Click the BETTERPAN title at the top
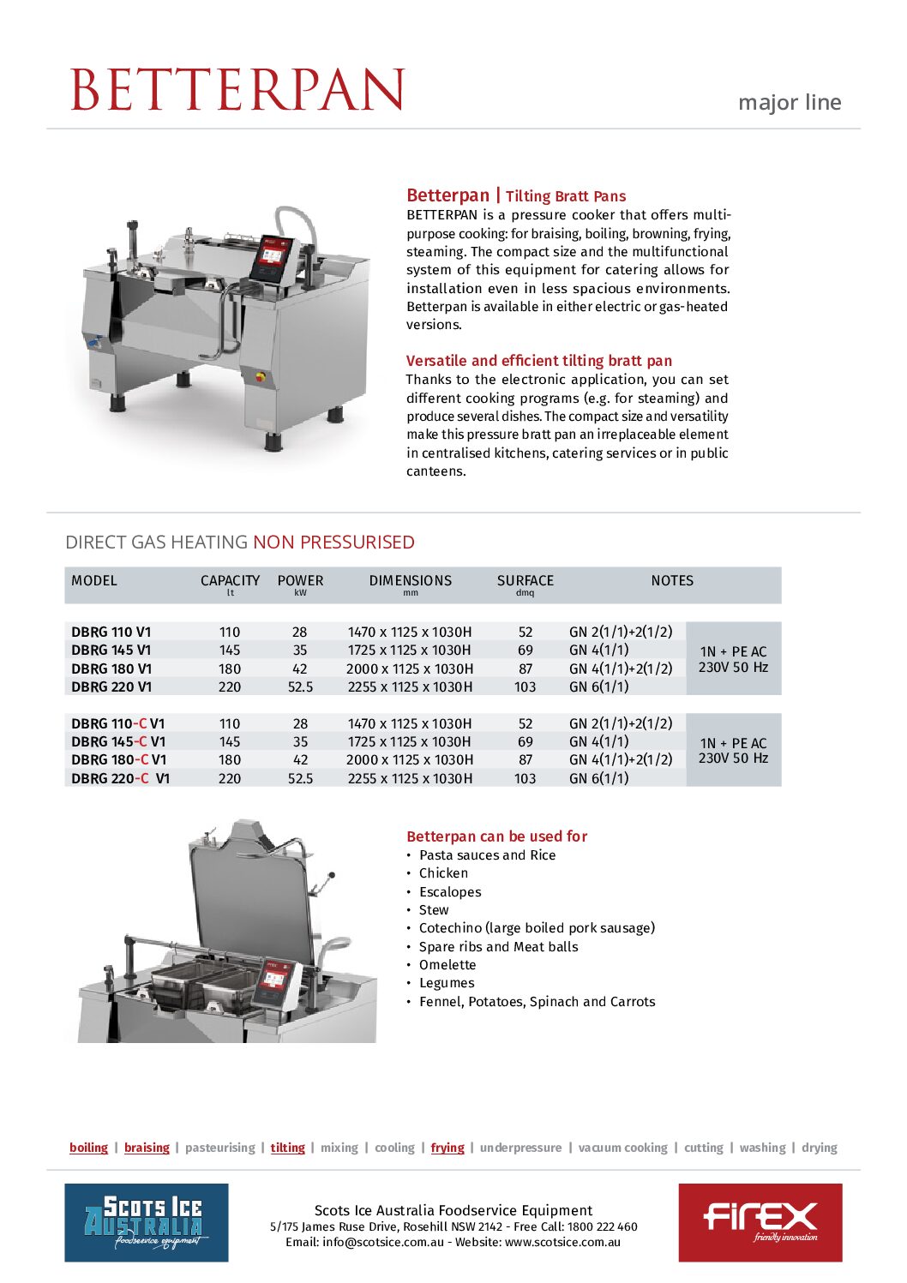[x=237, y=89]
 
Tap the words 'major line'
[x=789, y=103]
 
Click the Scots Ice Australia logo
[x=147, y=1222]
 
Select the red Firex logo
[x=760, y=1222]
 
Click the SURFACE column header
[x=525, y=581]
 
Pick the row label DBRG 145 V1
[x=111, y=650]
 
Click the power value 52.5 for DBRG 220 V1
[x=300, y=687]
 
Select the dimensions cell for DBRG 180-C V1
[x=409, y=760]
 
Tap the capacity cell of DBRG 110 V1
[x=230, y=633]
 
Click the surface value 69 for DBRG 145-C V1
[x=525, y=742]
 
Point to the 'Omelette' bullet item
[x=447, y=965]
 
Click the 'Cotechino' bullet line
[x=536, y=928]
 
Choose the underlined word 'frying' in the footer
[x=447, y=1148]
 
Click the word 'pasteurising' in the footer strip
[x=219, y=1148]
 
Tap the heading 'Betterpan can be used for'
[x=496, y=836]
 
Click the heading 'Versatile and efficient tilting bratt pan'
[x=538, y=361]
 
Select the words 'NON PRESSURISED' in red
[x=333, y=543]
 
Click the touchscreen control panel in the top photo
[x=272, y=256]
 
